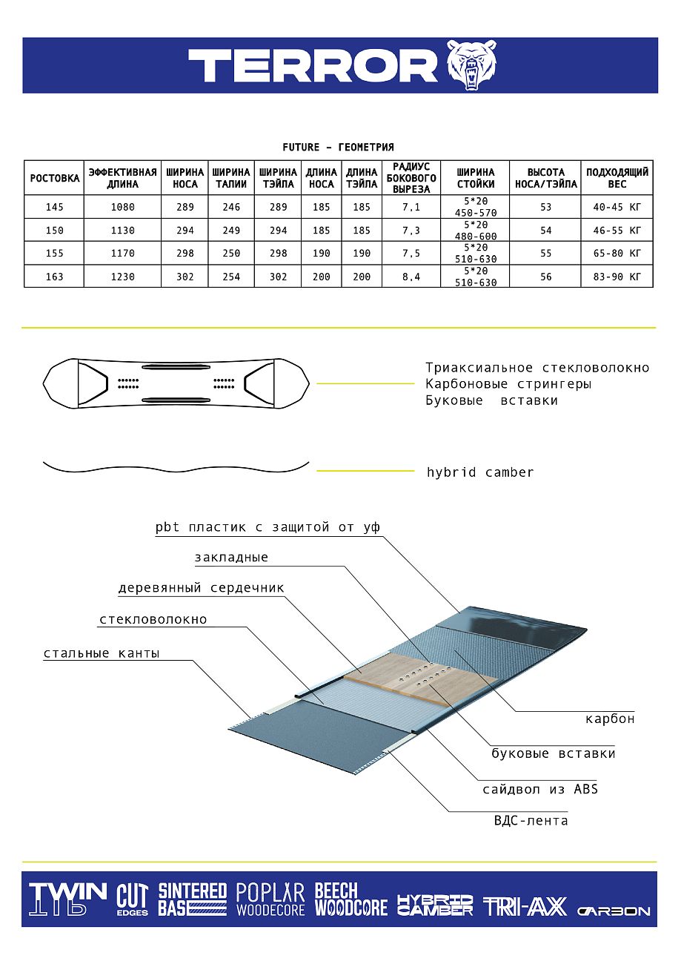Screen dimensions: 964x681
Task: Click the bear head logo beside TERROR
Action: coord(471,65)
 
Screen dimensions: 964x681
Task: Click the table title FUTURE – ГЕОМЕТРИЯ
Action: coord(338,148)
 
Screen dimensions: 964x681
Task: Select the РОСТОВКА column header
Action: coord(54,178)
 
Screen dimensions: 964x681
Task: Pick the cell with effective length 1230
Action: coord(122,277)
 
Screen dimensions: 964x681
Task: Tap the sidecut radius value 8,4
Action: coord(411,277)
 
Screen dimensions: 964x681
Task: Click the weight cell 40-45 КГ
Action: coord(617,208)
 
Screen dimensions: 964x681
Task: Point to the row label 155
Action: coord(54,254)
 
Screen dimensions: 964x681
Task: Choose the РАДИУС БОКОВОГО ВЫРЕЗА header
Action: coord(411,178)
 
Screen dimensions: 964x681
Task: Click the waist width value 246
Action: coord(231,208)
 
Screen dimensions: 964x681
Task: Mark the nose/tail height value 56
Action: coord(545,277)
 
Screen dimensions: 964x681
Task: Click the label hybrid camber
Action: coord(480,472)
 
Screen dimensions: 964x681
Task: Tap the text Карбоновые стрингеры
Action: coord(508,384)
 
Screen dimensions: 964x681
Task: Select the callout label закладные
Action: coord(231,558)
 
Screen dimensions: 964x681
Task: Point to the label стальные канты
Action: coord(102,653)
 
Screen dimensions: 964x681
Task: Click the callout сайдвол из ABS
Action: coord(540,789)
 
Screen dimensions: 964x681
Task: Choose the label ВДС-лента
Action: coord(531,820)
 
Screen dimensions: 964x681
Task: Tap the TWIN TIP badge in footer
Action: coord(67,899)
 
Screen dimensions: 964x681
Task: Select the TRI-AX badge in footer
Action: coord(525,906)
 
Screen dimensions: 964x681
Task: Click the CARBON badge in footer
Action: coord(614,911)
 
